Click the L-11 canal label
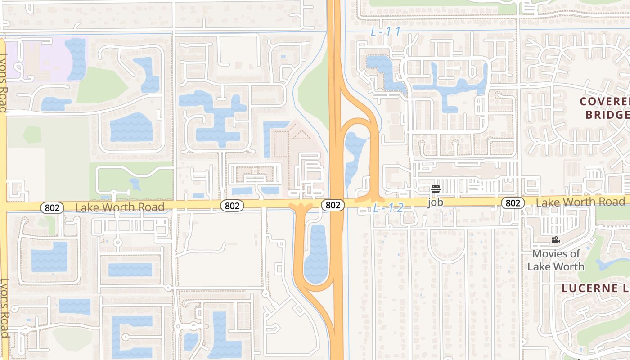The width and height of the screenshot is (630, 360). [385, 31]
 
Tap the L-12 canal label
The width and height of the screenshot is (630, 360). [387, 208]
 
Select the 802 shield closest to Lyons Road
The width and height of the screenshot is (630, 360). [52, 207]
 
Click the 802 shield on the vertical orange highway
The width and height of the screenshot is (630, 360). [333, 205]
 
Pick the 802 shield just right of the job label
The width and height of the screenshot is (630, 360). [513, 203]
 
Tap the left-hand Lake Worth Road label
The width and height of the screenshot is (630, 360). [119, 207]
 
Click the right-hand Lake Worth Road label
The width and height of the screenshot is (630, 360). [580, 202]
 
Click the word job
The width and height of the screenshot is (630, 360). [435, 202]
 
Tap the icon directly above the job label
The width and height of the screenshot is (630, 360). [435, 189]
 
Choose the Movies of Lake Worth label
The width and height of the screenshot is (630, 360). [556, 260]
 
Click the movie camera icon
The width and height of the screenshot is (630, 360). [555, 240]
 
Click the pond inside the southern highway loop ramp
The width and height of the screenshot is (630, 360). [316, 254]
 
